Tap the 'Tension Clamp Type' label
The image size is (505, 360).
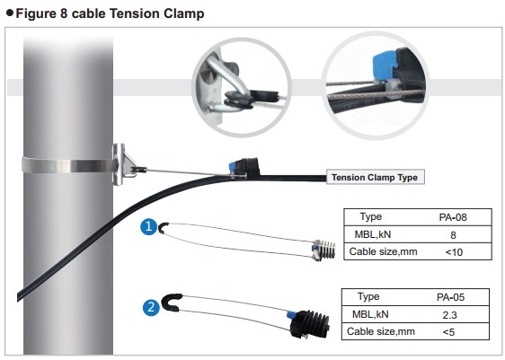(375, 178)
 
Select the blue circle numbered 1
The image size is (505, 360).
(149, 228)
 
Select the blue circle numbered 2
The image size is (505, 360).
(152, 308)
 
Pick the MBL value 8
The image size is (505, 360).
(452, 234)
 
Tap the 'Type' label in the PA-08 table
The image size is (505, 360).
(371, 217)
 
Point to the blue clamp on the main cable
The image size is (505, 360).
(242, 168)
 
